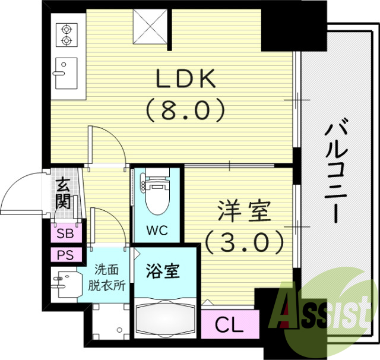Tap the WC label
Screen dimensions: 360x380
coord(157,229)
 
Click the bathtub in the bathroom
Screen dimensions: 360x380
coord(166,319)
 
